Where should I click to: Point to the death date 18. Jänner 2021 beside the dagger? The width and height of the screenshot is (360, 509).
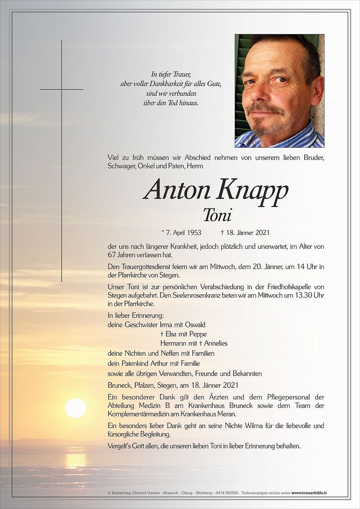[x=248, y=232]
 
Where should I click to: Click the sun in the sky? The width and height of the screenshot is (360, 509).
[x=76, y=408]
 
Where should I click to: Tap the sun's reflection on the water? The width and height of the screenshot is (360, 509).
[x=76, y=460]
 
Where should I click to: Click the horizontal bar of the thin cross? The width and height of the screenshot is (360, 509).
[x=62, y=89]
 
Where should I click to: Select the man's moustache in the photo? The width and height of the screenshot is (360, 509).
[x=265, y=108]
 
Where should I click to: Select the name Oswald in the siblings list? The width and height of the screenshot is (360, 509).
[x=195, y=325]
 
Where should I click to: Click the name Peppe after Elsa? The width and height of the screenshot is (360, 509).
[x=198, y=334]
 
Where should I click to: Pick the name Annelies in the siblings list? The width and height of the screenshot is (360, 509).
[x=216, y=343]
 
